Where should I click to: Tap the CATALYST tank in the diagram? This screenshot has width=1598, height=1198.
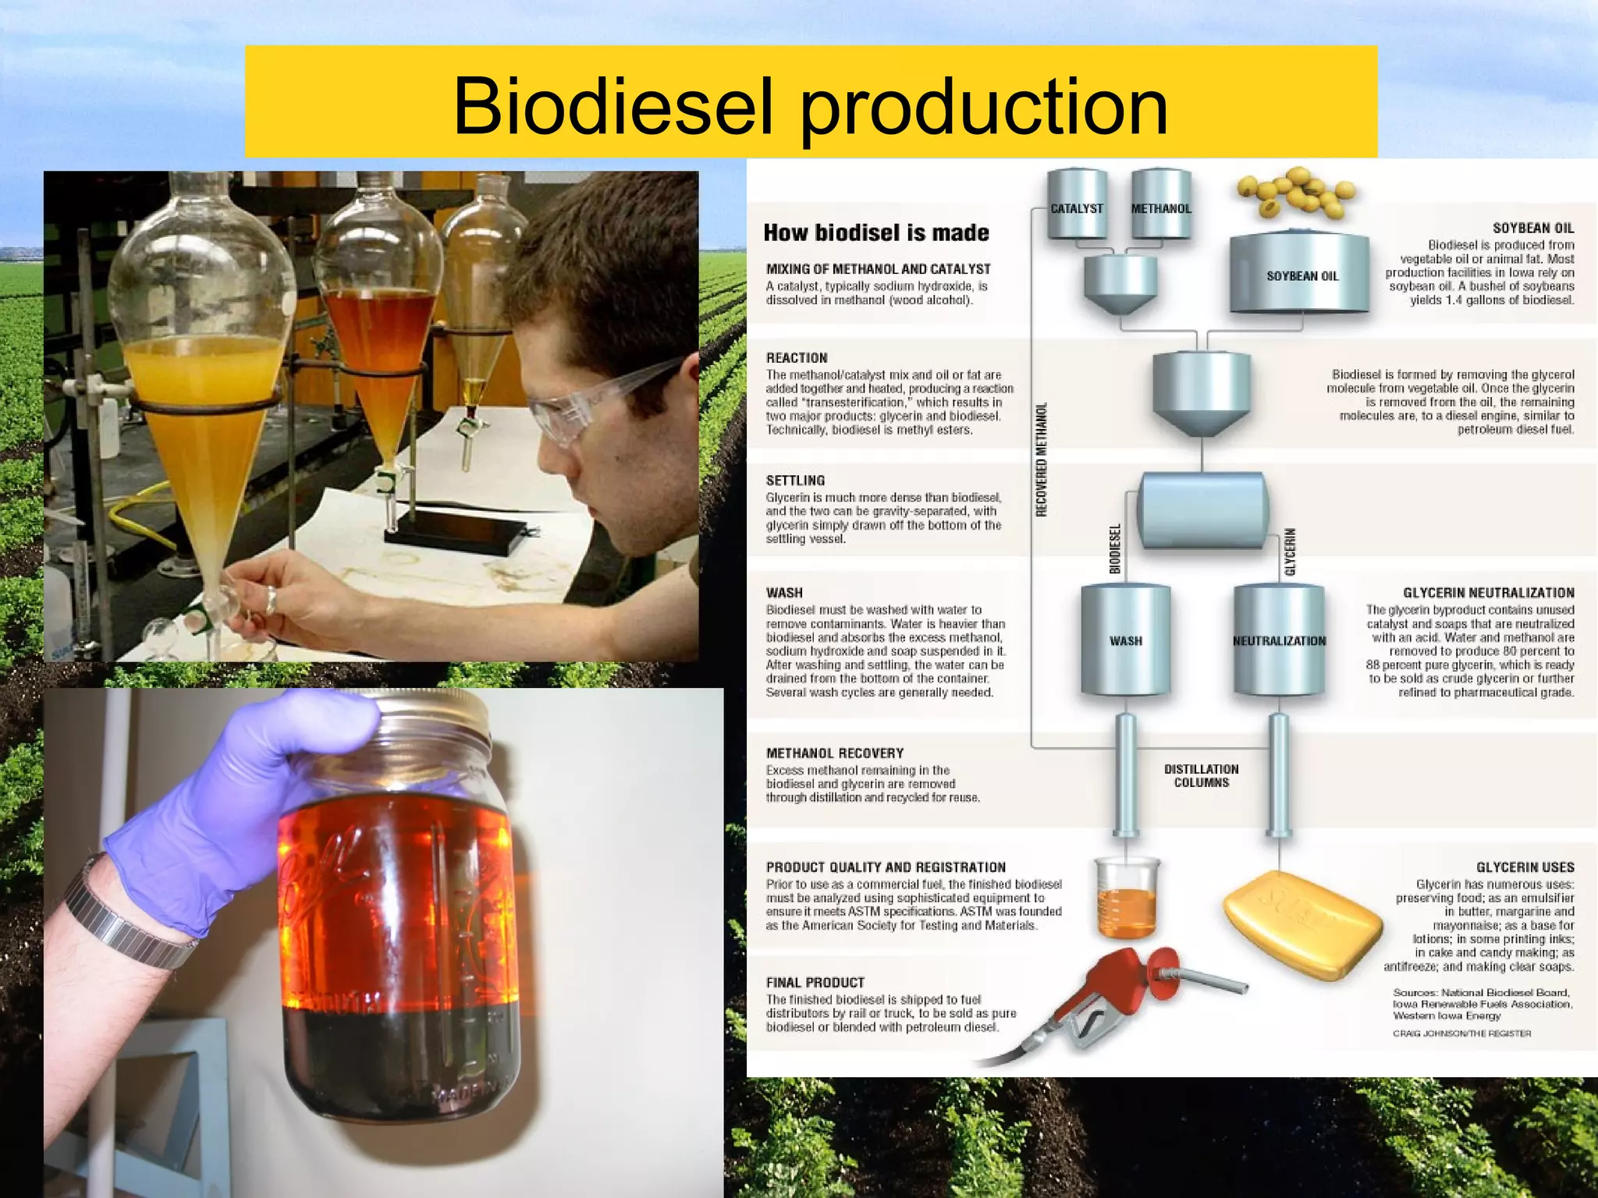pos(1077,204)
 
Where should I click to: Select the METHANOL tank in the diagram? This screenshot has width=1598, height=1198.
pos(1161,204)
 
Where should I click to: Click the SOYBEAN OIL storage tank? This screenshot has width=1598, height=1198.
pos(1300,273)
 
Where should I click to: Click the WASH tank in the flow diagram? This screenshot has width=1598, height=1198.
pos(1125,640)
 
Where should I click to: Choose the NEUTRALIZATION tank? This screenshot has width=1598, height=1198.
pos(1279,640)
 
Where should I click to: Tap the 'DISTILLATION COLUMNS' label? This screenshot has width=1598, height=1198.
pos(1201,775)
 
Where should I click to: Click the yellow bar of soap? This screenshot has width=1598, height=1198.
pos(1301,924)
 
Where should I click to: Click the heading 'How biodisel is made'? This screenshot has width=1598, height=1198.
pos(875,232)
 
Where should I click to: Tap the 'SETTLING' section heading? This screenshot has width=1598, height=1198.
pos(795,480)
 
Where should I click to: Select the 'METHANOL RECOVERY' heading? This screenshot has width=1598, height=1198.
pos(834,753)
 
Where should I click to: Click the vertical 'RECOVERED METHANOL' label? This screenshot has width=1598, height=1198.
pos(1041,460)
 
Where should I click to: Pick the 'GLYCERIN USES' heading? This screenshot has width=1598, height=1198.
pos(1525,867)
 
